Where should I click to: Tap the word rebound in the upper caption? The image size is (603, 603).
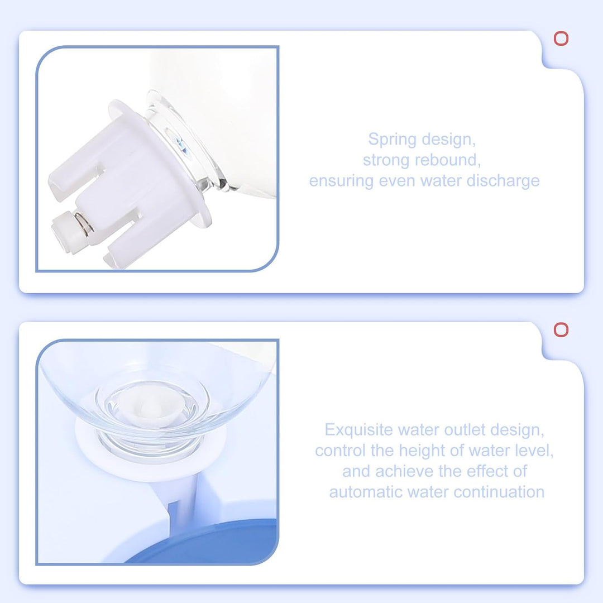(x=445, y=160)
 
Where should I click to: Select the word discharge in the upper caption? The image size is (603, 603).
(x=503, y=181)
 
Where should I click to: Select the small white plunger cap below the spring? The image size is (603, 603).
(x=64, y=233)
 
